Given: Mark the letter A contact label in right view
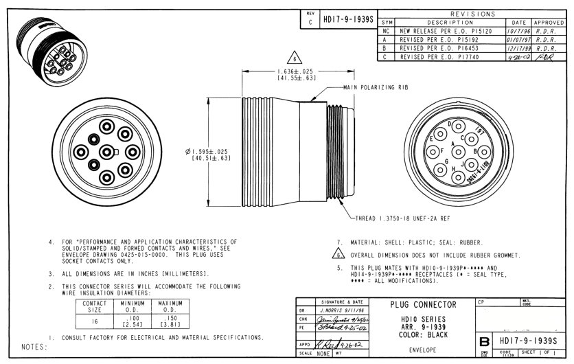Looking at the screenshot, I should (455, 144).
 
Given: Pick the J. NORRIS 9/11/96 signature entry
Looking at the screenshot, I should (336, 310).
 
